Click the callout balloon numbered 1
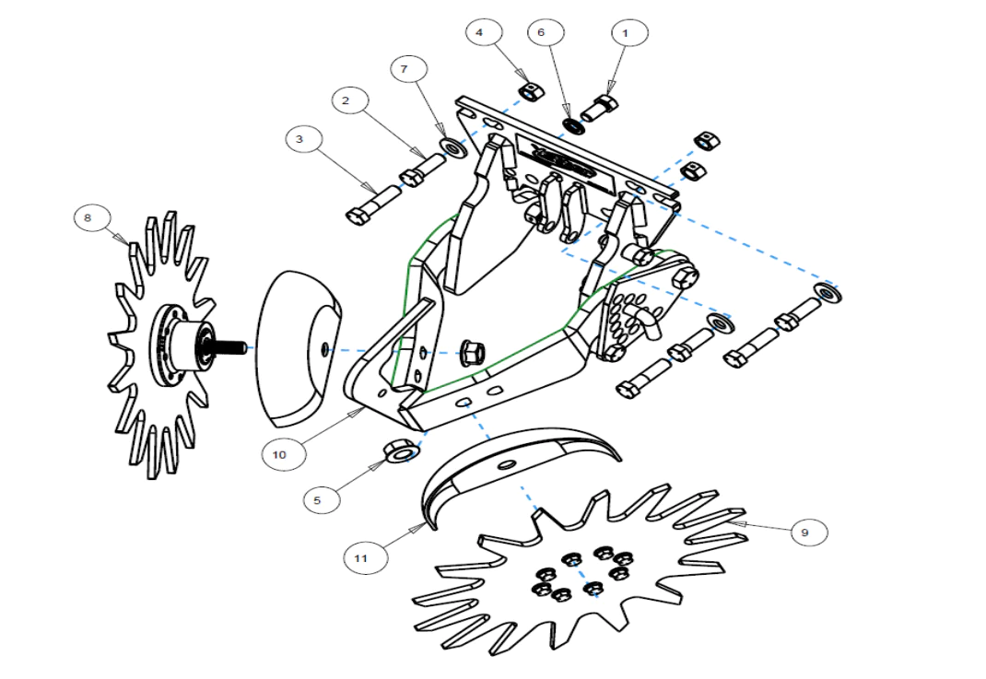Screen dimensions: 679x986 click(628, 33)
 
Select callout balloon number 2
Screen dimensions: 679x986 click(346, 101)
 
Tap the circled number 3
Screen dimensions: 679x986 click(299, 140)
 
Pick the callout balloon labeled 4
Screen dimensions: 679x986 click(479, 33)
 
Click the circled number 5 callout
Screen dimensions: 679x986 click(318, 500)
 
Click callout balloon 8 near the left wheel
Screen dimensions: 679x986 click(88, 218)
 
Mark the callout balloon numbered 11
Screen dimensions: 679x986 click(360, 557)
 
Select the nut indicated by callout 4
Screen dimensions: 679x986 click(529, 90)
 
